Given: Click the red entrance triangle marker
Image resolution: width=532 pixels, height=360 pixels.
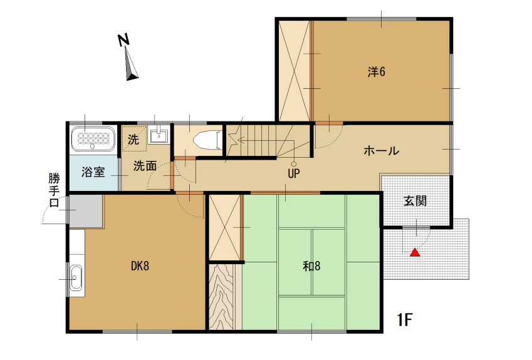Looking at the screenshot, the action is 415,252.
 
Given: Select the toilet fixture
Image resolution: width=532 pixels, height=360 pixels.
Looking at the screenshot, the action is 207,140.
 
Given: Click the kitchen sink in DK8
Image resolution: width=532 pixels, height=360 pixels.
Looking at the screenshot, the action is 76,277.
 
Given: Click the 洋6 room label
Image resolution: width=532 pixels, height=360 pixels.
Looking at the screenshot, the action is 377,72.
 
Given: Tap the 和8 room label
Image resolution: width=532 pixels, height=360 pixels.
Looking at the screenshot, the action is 311,266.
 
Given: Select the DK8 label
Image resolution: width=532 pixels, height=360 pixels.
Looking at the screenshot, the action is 140,266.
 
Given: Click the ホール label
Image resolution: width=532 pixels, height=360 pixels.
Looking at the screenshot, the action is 382,151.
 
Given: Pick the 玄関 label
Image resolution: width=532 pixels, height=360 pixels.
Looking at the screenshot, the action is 415,201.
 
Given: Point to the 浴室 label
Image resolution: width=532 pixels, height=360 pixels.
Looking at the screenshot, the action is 93,172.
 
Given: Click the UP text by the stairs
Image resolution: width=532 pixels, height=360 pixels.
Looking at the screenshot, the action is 294,173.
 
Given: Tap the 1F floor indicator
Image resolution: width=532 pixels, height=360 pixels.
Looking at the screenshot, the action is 405,319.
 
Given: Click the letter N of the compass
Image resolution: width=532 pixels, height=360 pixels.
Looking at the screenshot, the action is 123,39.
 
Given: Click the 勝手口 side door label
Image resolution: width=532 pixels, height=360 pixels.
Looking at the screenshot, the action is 54,190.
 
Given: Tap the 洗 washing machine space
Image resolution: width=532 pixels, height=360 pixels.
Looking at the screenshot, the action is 133,138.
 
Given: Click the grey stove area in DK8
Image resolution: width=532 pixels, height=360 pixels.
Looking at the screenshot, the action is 86,211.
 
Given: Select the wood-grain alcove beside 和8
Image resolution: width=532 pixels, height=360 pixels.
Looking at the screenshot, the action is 221,297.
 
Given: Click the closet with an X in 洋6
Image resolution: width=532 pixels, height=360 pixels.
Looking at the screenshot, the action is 294,71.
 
